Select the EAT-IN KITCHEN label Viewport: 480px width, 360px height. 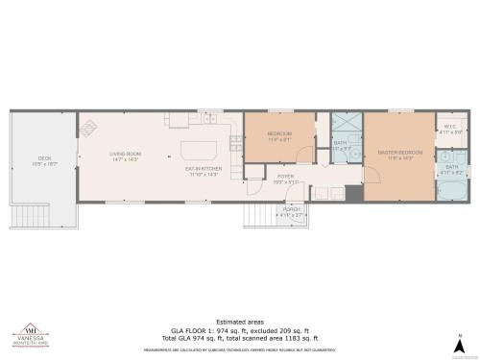pyautogui.click(x=204, y=170)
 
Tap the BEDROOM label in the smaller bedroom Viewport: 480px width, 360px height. pyautogui.click(x=279, y=136)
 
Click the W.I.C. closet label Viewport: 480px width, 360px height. pyautogui.click(x=450, y=128)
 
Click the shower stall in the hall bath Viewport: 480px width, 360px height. pyautogui.click(x=343, y=123)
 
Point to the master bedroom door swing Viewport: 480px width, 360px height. pyautogui.click(x=353, y=176)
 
